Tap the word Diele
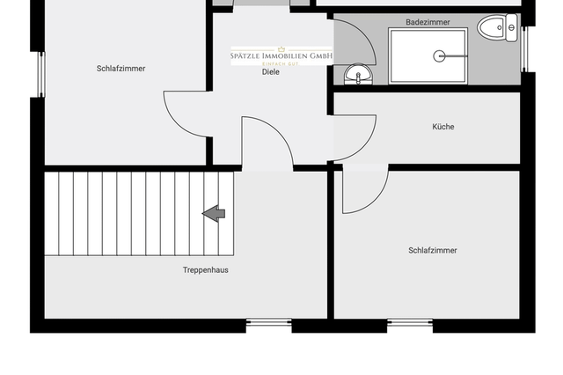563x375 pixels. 270,72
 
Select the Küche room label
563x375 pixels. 443,127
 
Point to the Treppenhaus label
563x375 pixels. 205,270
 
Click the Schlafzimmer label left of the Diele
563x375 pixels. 121,69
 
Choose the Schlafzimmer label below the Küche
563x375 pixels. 432,251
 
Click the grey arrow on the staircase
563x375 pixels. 214,213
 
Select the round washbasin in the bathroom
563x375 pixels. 355,74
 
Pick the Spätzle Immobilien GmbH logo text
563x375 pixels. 281,55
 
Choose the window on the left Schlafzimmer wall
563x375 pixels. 40,75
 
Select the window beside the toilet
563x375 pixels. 525,48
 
